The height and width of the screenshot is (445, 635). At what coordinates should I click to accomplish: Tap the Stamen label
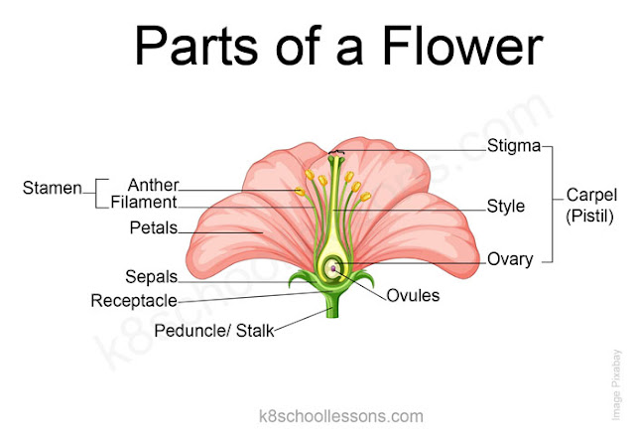point(52,187)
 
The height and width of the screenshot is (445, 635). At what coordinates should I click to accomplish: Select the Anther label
point(153,185)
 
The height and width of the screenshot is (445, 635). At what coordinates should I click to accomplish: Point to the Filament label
point(144,203)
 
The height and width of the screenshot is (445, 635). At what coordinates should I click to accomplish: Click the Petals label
point(153,228)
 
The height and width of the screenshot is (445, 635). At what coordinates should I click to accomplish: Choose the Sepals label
point(151,276)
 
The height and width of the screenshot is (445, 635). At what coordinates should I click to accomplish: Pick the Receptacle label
point(134,300)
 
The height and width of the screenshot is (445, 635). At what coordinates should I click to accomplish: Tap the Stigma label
point(514,147)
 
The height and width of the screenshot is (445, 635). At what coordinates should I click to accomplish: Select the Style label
point(506,207)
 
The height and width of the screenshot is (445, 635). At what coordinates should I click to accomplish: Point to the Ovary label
point(510,259)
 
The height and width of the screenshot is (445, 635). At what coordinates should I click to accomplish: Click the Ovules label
point(413,295)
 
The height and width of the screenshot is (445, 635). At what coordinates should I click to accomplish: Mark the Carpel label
point(590,195)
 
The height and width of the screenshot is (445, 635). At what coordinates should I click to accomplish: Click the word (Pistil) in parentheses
point(590,215)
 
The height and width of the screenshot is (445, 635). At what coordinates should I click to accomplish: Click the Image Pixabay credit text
point(615,383)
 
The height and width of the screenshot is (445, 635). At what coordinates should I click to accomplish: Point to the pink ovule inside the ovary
point(334,267)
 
